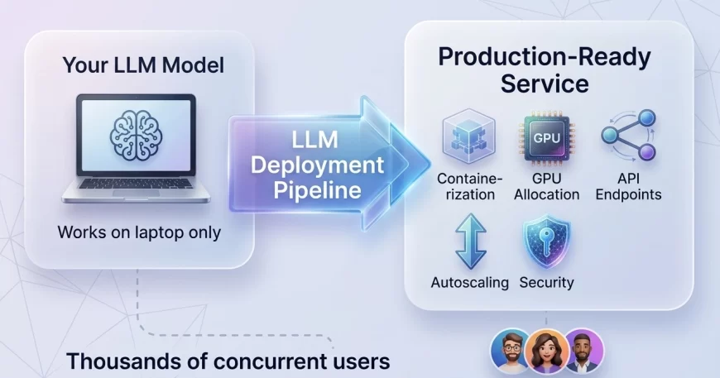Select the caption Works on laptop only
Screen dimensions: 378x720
139,232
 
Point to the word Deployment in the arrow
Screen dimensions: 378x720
319,165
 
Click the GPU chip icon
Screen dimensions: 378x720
545,139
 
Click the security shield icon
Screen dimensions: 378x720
545,242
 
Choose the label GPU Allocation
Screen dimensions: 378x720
546,186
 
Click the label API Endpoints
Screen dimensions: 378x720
628,186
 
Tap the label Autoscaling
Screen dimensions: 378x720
469,282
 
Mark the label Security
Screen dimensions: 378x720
546,282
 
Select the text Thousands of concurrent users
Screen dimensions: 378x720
228,361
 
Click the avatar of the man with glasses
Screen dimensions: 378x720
511,352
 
